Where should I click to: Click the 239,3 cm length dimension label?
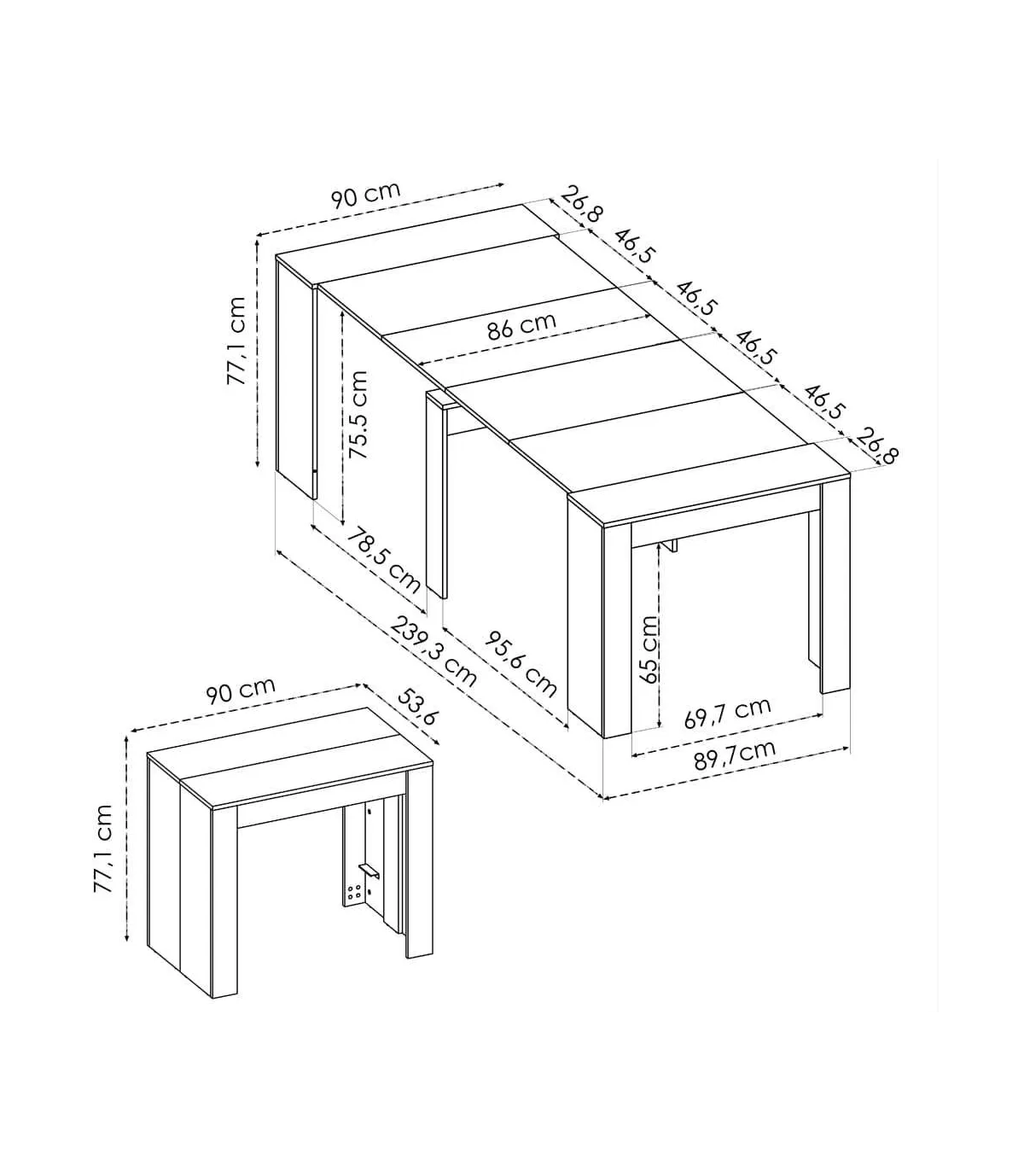[x=433, y=652]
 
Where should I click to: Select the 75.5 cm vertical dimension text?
[x=358, y=415]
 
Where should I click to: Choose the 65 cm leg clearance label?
[x=650, y=649]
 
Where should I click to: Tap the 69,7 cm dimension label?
[x=728, y=713]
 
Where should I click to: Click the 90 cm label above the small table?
[x=241, y=691]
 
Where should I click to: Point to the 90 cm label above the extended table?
[x=365, y=195]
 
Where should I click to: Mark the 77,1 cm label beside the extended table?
[x=236, y=341]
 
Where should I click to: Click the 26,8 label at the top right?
[x=582, y=204]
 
